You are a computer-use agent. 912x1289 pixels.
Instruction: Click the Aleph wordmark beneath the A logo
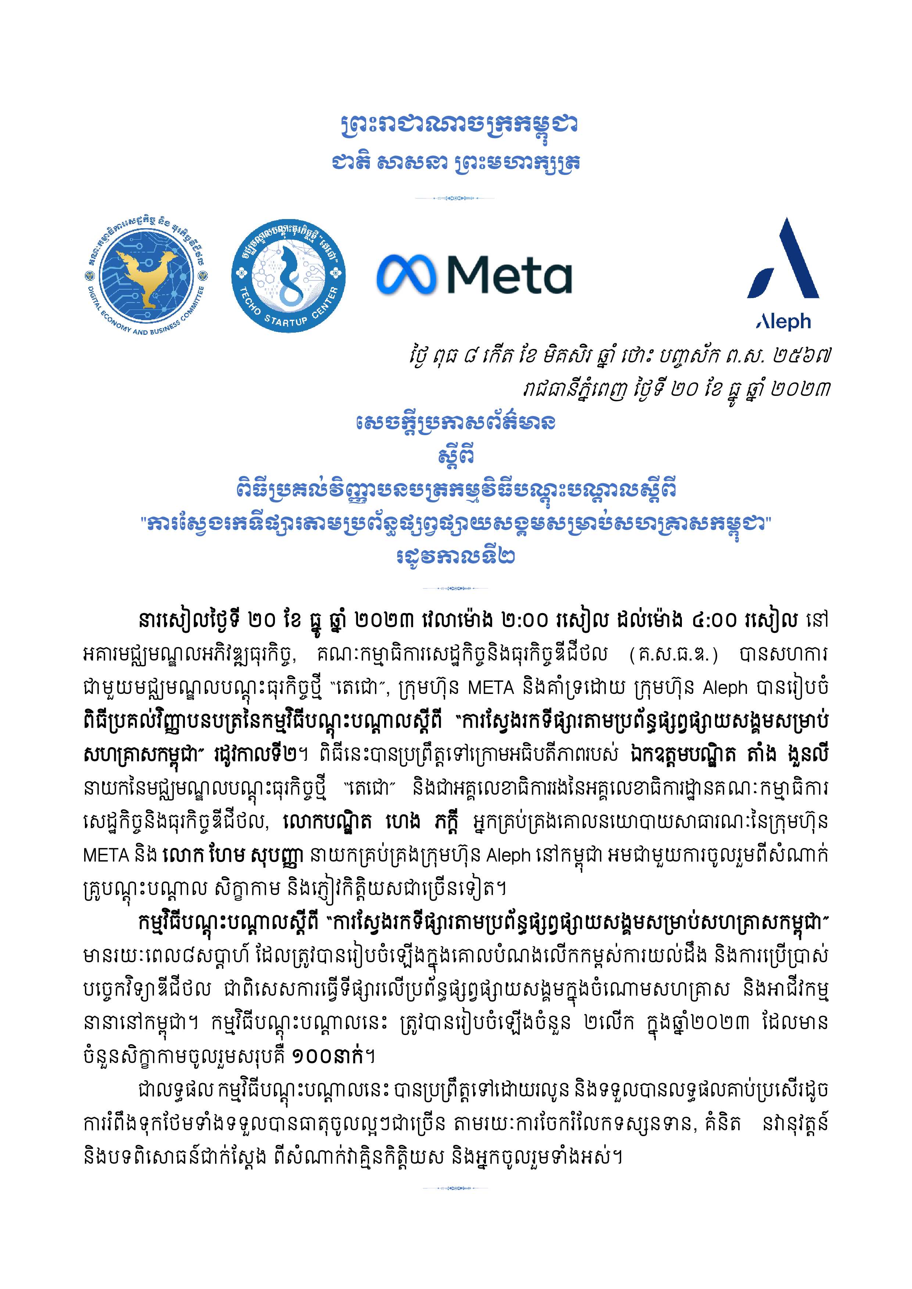(783, 321)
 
